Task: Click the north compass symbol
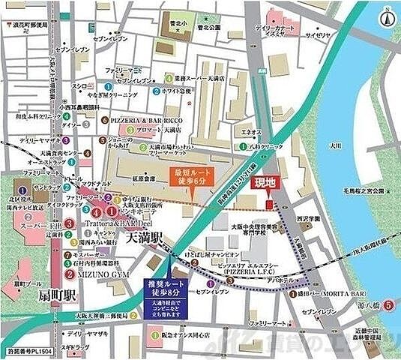click(387, 16)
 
